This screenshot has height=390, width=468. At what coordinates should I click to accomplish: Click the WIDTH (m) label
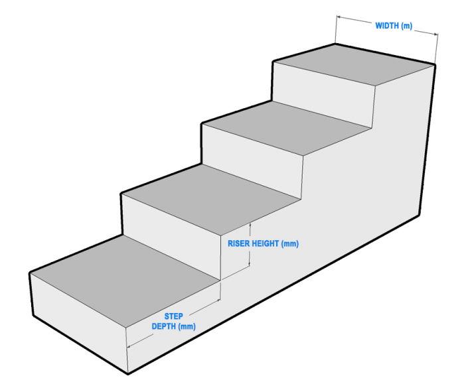click(394, 26)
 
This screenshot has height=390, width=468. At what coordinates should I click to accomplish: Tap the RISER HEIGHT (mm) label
click(264, 244)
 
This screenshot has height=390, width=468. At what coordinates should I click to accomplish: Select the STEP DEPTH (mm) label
click(173, 321)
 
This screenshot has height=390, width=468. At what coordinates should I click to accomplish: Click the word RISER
click(240, 244)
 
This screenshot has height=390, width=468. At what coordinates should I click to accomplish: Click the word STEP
click(173, 316)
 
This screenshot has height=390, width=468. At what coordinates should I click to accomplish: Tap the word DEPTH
click(165, 326)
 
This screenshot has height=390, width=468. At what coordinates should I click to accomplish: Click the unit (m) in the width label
click(406, 26)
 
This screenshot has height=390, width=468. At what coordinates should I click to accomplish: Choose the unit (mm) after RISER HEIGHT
click(290, 244)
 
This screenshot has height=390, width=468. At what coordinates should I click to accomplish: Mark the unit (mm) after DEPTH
click(187, 326)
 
